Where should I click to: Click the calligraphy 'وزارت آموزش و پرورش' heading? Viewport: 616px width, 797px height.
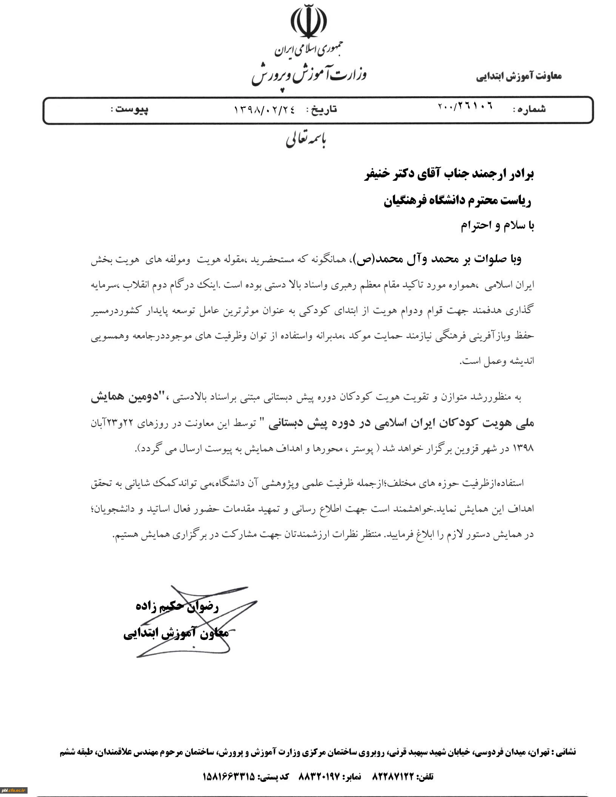tap(309, 75)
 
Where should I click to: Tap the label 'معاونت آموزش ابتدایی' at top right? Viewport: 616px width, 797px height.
tap(519, 76)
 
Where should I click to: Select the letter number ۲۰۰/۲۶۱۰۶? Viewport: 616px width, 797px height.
tap(465, 107)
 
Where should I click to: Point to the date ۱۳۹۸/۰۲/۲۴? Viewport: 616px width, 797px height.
tap(264, 109)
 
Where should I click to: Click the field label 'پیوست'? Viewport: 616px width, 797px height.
tap(132, 109)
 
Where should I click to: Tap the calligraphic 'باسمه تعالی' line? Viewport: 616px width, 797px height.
tap(306, 140)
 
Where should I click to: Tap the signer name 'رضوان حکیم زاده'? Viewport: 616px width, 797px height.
tap(177, 606)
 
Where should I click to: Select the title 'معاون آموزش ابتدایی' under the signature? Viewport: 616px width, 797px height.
tap(176, 633)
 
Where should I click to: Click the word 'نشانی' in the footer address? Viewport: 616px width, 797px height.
tap(565, 752)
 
